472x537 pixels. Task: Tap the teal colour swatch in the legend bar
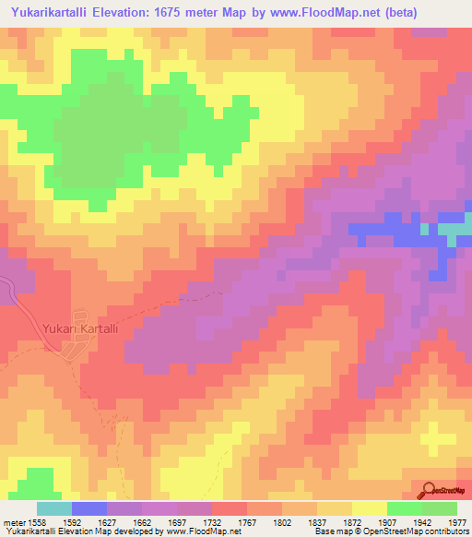click(x=53, y=508)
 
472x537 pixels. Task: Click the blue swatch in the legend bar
click(x=88, y=508)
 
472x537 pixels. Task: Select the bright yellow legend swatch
click(x=369, y=508)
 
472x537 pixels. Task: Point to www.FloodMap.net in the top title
click(x=305, y=13)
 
